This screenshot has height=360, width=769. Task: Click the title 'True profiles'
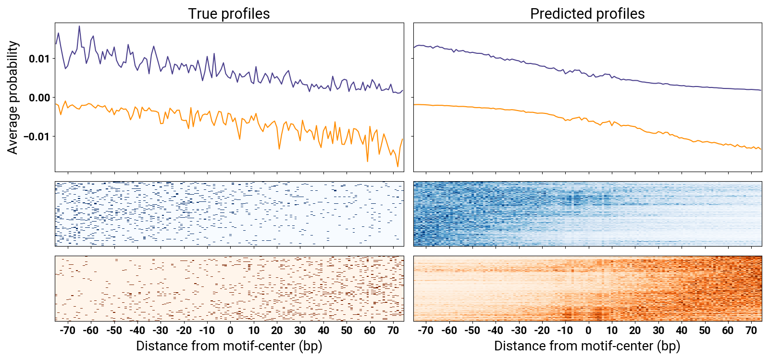229,14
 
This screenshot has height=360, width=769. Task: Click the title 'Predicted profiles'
587,14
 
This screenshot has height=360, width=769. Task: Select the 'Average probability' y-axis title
13,97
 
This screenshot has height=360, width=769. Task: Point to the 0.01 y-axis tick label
39,59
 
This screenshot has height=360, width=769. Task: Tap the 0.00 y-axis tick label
39,98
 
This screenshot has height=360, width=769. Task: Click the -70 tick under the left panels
67,330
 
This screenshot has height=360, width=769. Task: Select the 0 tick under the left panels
230,330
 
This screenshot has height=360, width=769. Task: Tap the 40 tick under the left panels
323,330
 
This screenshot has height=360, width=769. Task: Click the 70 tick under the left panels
393,330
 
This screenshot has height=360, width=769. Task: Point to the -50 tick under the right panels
472,330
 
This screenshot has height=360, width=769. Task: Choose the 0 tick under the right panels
588,330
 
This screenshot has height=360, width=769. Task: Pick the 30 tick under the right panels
658,330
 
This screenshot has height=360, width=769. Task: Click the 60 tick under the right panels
728,330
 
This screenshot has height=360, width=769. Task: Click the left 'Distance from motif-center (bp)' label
229,346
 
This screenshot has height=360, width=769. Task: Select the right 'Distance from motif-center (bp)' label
587,346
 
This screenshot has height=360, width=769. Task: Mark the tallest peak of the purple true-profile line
79,26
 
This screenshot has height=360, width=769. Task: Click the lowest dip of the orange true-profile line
397,166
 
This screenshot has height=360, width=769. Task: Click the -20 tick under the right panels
542,330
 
